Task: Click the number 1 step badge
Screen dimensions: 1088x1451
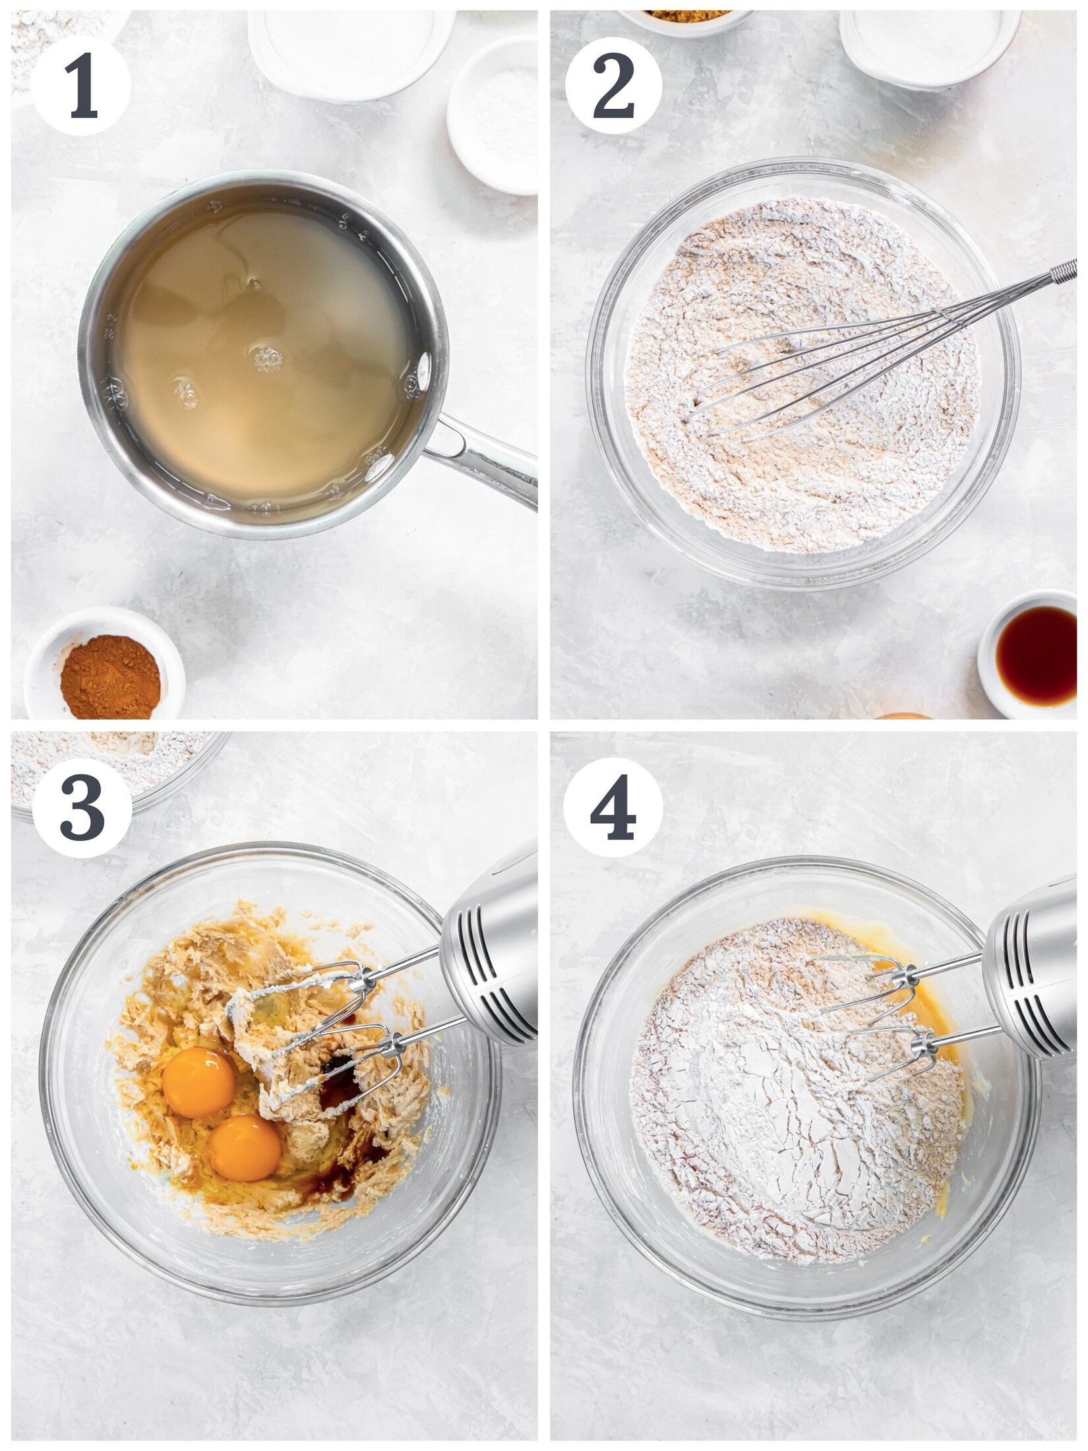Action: pos(80,86)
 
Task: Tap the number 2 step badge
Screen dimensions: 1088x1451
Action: pos(613,86)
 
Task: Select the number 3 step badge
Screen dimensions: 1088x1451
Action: pos(82,807)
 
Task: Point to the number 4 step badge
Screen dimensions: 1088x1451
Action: pos(613,807)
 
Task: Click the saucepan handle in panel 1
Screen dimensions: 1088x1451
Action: pos(481,455)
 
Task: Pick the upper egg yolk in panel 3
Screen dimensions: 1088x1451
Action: pos(198,1082)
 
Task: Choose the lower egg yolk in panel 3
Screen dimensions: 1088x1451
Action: pos(245,1148)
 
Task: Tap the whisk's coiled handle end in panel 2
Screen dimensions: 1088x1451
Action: pos(1063,271)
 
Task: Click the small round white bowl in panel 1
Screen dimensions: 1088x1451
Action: pos(493,115)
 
